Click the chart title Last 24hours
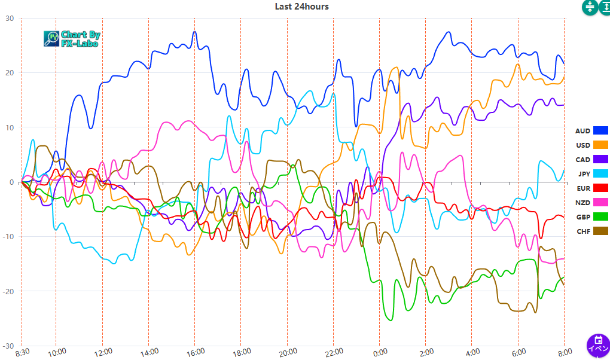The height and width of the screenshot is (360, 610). click(301, 7)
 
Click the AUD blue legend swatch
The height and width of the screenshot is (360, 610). click(600, 130)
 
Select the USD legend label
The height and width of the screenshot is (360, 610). click(582, 145)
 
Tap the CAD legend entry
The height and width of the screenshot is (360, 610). click(582, 160)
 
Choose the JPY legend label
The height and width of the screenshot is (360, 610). click(584, 174)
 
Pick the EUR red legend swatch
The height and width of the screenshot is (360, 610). click(600, 188)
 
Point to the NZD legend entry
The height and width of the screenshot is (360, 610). click(583, 203)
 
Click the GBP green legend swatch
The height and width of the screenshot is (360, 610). click(600, 217)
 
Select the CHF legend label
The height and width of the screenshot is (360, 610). click(583, 231)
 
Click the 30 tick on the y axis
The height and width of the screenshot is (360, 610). click(10, 18)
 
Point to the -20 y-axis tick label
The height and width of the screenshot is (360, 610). click(8, 291)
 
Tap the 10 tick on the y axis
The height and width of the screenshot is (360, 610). click(10, 127)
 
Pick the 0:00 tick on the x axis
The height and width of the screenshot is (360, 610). click(379, 353)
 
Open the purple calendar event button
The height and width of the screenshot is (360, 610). click(598, 345)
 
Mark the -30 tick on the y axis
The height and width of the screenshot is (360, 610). click(8, 346)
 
